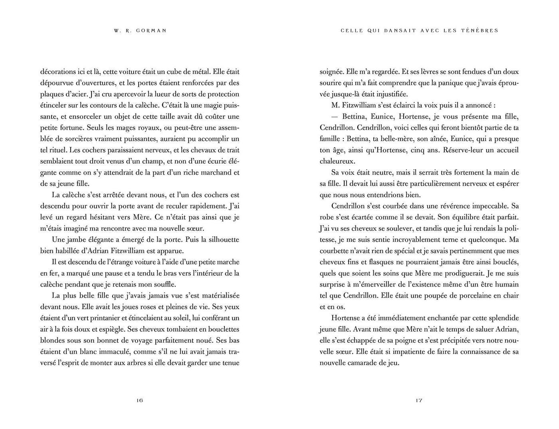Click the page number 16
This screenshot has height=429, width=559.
(x=139, y=400)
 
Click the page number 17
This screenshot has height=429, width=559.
(x=419, y=400)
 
